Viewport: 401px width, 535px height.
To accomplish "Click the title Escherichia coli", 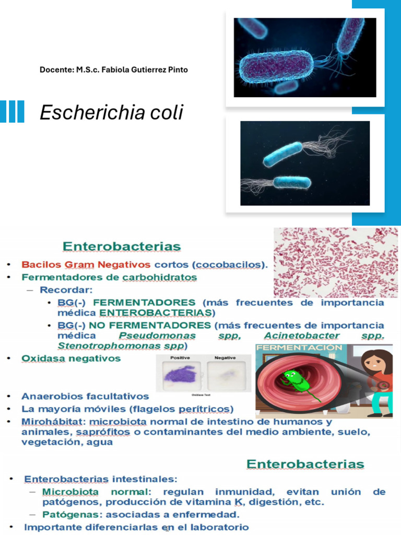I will [112, 112].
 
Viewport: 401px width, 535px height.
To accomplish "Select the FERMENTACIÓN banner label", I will [299, 347].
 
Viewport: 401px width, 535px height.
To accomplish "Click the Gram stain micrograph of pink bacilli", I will [336, 262].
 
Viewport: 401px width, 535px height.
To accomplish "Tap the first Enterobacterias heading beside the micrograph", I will [122, 246].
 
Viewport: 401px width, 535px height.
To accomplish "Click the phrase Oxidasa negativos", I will [71, 358].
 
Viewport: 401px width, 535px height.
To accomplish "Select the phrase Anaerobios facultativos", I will [85, 397].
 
